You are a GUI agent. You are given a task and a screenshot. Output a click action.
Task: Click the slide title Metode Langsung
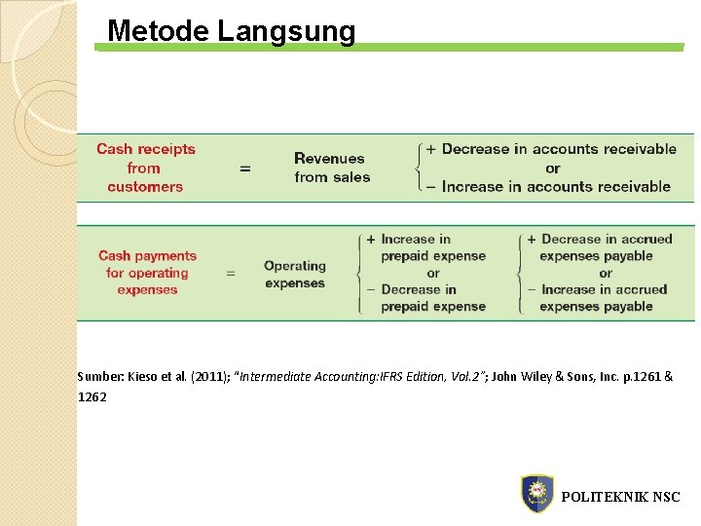(232, 31)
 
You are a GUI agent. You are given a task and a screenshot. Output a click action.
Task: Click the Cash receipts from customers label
(146, 168)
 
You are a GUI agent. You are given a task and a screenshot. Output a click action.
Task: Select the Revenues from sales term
(332, 168)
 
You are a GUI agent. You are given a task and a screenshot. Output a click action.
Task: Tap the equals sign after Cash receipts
(244, 169)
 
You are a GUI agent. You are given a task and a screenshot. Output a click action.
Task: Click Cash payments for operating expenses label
(147, 273)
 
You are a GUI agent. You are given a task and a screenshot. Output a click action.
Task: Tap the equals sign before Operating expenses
(231, 274)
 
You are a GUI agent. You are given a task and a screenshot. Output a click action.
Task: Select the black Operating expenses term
(295, 274)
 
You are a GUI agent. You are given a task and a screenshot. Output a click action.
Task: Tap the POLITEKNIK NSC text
(620, 497)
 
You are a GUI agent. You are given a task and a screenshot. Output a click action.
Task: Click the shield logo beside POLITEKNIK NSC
(536, 494)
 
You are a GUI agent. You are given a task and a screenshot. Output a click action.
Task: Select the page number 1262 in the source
(93, 397)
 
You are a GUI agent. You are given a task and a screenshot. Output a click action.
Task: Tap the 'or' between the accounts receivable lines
(553, 168)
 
